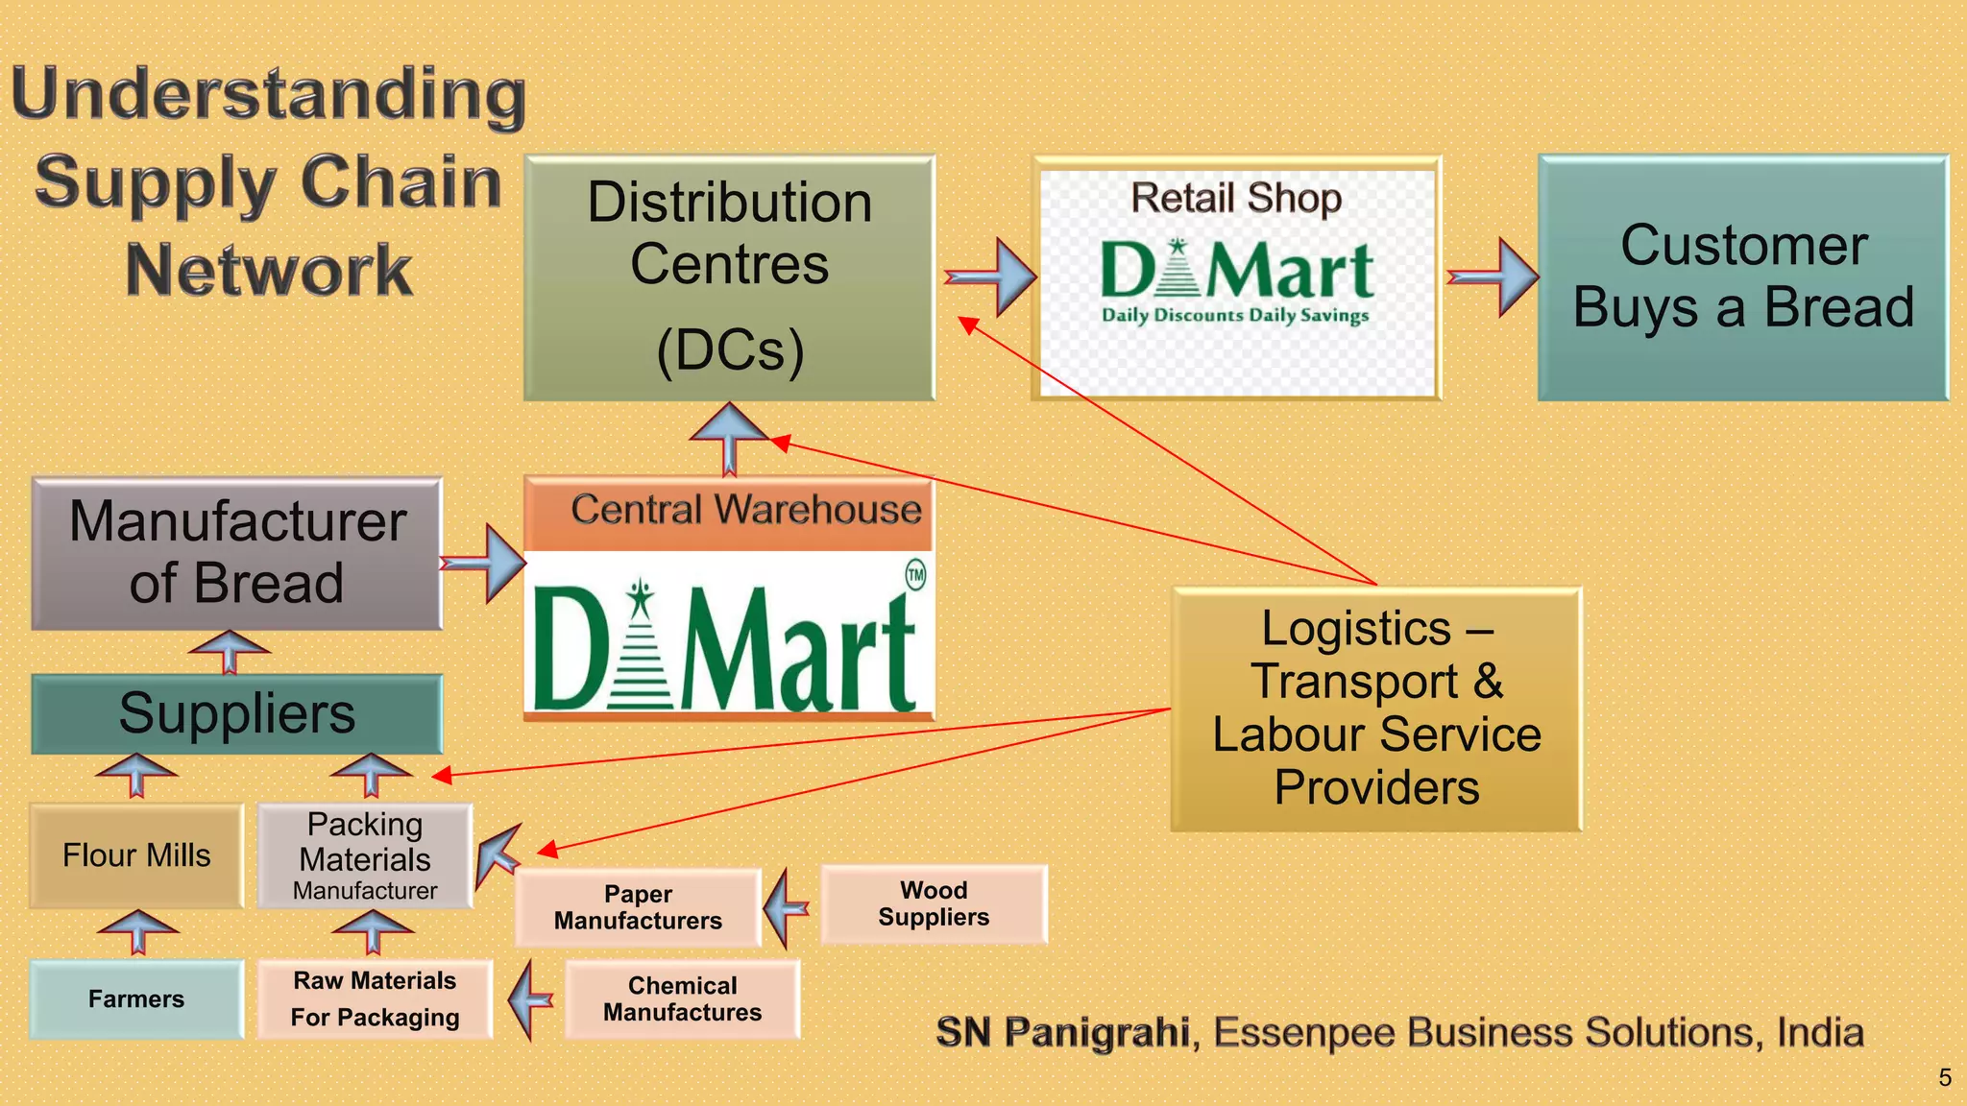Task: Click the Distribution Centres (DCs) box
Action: pos(730,278)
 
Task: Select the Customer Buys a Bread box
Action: pos(1743,278)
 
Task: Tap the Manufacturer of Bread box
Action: pos(237,554)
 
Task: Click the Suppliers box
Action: pos(237,714)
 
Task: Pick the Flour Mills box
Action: pos(136,855)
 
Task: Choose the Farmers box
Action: pos(136,999)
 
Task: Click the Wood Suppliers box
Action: pos(934,904)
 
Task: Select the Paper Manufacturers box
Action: pos(638,907)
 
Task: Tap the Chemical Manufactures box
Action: pos(682,999)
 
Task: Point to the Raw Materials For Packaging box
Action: pos(375,999)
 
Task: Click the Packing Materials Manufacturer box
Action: pos(365,855)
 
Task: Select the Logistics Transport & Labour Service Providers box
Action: pos(1376,709)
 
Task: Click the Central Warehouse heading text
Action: pos(745,510)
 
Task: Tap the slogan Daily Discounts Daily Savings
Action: pos(1235,316)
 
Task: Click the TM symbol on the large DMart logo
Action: pos(915,575)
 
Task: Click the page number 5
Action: pos(1944,1078)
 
